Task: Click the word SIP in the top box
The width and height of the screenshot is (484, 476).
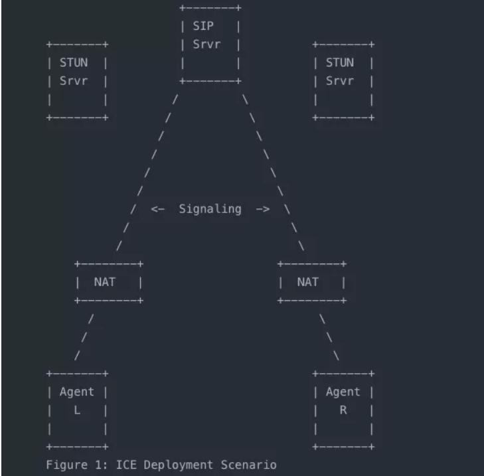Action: [x=202, y=27]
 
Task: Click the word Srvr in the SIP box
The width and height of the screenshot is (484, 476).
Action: [x=206, y=44]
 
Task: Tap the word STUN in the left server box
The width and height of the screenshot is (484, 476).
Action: [x=74, y=63]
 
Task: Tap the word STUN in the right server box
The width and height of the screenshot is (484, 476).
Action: [x=339, y=63]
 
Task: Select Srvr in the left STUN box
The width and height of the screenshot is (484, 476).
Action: [x=74, y=81]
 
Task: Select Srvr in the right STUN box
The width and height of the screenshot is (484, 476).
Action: [x=339, y=81]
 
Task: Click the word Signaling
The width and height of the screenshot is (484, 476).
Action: [x=210, y=209]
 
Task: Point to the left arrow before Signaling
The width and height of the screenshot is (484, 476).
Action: [x=157, y=209]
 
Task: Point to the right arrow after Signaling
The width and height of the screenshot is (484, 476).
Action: [x=262, y=209]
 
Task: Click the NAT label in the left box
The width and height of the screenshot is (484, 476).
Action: [x=104, y=281]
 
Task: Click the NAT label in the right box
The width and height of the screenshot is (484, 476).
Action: [x=307, y=281]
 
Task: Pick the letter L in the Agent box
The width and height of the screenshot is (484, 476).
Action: [x=77, y=410]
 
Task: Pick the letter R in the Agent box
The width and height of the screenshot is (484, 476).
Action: [x=343, y=410]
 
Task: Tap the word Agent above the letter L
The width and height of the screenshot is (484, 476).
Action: [x=77, y=392]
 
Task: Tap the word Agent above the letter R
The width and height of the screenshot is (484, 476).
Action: [x=343, y=392]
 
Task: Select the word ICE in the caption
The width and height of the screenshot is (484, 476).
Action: [x=126, y=465]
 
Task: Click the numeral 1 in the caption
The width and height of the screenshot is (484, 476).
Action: [x=102, y=465]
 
